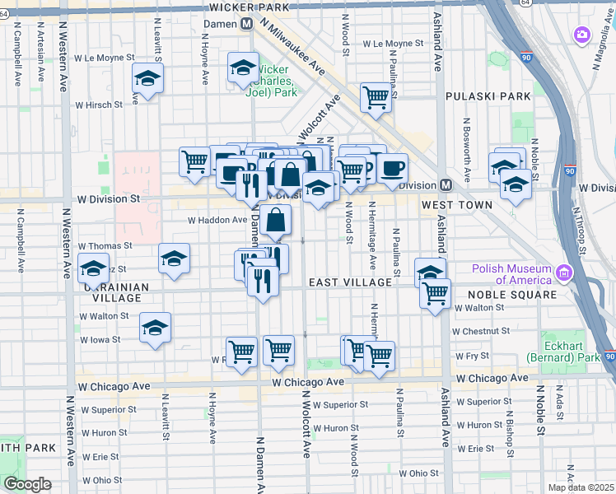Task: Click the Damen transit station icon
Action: click(x=246, y=26)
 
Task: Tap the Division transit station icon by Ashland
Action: click(x=445, y=185)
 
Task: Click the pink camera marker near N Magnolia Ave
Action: click(x=582, y=35)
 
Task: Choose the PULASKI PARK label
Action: click(x=488, y=96)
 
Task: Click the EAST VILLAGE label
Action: click(x=350, y=282)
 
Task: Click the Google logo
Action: click(x=27, y=484)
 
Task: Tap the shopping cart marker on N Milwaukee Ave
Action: click(x=376, y=97)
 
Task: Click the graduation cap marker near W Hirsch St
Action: click(x=147, y=79)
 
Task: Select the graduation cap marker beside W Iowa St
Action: click(x=155, y=329)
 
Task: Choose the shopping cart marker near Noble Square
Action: click(x=435, y=293)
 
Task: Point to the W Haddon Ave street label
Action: click(x=217, y=220)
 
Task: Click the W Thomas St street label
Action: click(x=105, y=246)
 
